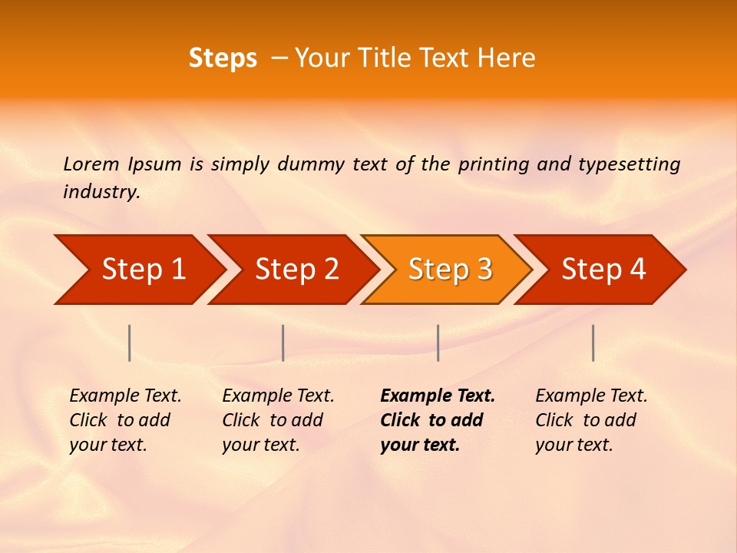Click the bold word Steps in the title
click(x=223, y=58)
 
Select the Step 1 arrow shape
click(x=138, y=269)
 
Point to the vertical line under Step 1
click(x=130, y=343)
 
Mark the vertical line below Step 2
click(x=283, y=343)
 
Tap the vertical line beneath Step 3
click(x=438, y=343)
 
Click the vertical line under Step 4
click(x=593, y=343)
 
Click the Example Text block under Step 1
click(x=125, y=420)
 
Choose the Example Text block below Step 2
click(x=278, y=420)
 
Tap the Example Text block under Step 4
click(x=591, y=420)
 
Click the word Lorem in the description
click(x=91, y=164)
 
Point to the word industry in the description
click(x=101, y=192)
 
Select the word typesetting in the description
click(x=629, y=164)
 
